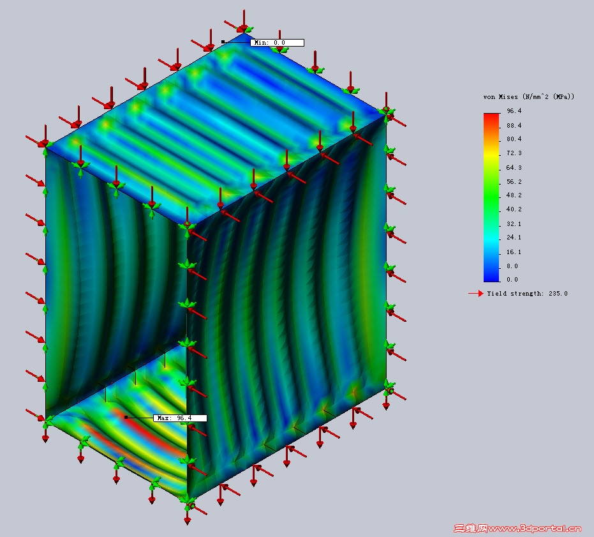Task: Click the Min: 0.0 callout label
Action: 277,43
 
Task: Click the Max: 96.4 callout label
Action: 180,418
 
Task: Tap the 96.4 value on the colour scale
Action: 514,110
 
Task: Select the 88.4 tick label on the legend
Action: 514,125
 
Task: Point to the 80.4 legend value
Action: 514,139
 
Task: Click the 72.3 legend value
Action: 514,153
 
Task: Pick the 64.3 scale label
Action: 514,167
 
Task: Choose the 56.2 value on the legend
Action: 514,181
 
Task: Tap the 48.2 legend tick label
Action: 514,195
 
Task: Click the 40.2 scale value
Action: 514,209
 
